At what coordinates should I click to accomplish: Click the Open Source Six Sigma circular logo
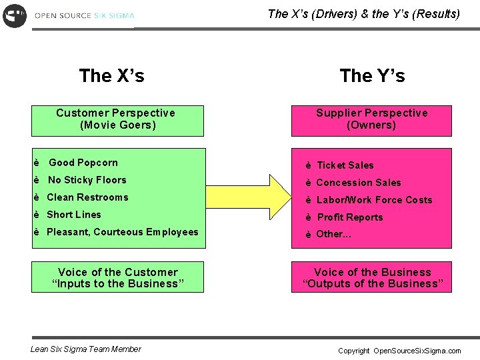pos(14,15)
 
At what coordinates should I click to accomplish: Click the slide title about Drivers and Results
pos(363,13)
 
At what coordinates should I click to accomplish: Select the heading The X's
pos(111,76)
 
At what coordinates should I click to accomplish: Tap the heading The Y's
pos(372,76)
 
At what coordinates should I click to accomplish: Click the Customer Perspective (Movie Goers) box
pos(117,119)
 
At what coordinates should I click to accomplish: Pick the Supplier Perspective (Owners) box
pos(371,119)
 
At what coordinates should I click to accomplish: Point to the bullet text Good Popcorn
pos(83,163)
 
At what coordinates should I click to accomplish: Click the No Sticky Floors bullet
pos(87,180)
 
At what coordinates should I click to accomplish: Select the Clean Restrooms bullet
pos(87,197)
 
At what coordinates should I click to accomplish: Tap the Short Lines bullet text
pos(74,215)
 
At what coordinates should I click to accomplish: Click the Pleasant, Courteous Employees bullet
pos(122,232)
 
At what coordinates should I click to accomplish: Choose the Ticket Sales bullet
pos(345,165)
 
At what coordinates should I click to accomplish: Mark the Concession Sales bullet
pos(359,183)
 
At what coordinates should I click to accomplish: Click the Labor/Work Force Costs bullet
pos(374,200)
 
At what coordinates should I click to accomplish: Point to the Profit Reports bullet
pos(350,217)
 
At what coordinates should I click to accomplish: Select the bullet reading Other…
pos(333,234)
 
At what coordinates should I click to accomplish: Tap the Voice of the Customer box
pos(118,278)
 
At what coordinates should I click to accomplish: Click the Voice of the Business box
pos(372,278)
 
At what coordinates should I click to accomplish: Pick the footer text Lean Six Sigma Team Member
pos(86,349)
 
